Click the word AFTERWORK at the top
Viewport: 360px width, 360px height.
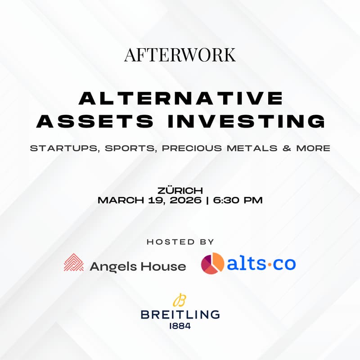180,54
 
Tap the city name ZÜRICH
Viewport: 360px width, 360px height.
180,191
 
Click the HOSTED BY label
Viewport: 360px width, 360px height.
180,242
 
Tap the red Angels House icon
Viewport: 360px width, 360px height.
74,263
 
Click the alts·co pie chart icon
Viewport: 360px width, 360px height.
212,263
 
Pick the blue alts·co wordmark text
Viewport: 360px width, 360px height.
261,264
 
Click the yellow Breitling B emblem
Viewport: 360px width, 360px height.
180,300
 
